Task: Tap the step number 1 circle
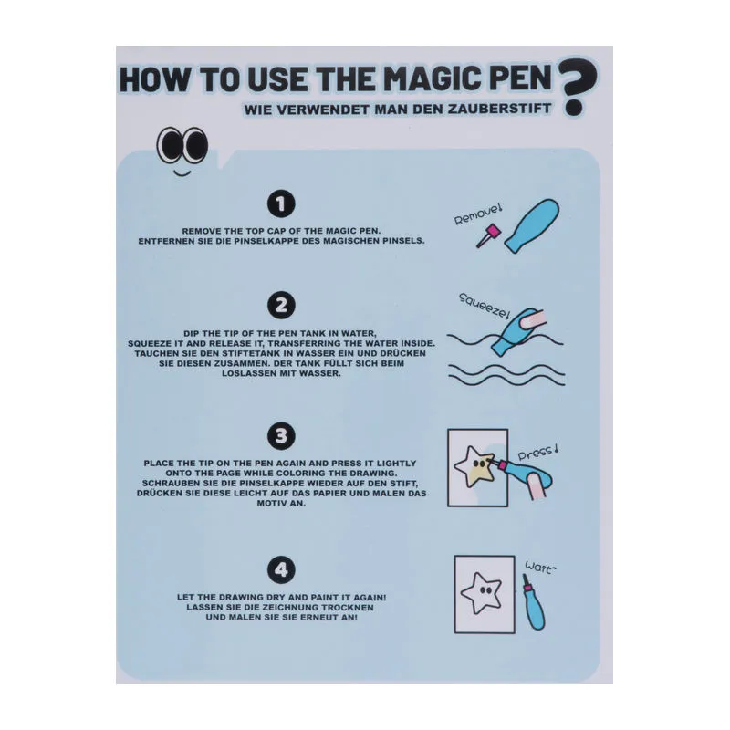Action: click(x=281, y=203)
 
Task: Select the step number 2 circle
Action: click(x=281, y=306)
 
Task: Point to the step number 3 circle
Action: click(x=281, y=436)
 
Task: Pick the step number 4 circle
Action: click(x=281, y=569)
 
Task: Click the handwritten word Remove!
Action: click(x=478, y=214)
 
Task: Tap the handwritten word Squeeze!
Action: click(x=485, y=306)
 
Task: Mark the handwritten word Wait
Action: click(x=540, y=568)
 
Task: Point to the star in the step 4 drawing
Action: click(x=482, y=592)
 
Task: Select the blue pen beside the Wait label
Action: click(x=534, y=602)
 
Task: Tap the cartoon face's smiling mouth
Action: click(x=182, y=173)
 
